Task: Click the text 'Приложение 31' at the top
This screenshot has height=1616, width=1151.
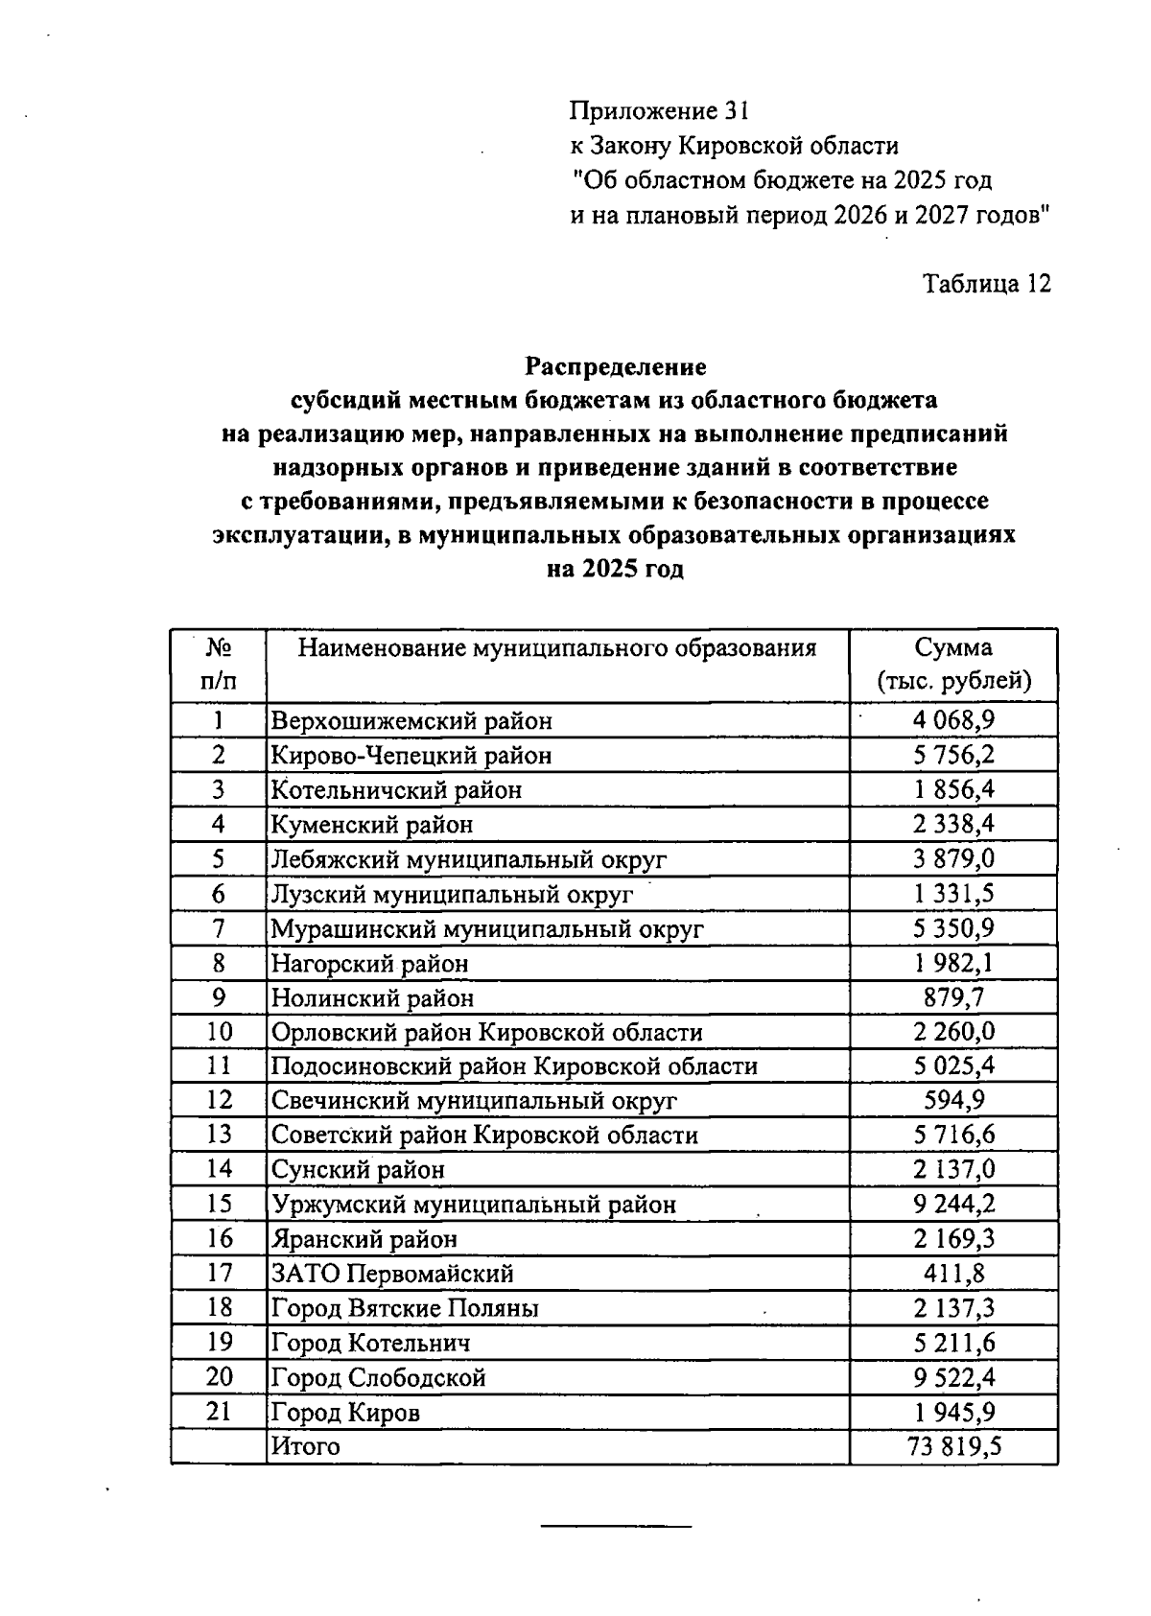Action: pyautogui.click(x=658, y=111)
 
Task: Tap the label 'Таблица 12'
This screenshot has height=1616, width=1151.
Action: pyautogui.click(x=986, y=284)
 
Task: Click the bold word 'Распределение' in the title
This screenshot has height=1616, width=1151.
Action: pyautogui.click(x=615, y=366)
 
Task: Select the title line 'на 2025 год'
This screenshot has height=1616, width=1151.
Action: pyautogui.click(x=615, y=570)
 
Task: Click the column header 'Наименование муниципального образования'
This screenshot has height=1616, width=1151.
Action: pyautogui.click(x=556, y=648)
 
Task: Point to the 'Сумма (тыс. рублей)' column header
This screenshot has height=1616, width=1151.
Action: pyautogui.click(x=953, y=665)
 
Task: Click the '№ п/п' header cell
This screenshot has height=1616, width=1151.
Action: pyautogui.click(x=219, y=665)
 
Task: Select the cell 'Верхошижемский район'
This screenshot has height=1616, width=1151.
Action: pyautogui.click(x=411, y=721)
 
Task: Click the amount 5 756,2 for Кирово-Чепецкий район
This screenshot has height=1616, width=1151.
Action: pyautogui.click(x=953, y=756)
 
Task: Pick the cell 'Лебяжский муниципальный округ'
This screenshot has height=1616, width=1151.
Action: pyautogui.click(x=468, y=859)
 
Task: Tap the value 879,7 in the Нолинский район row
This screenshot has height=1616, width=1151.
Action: pyautogui.click(x=953, y=997)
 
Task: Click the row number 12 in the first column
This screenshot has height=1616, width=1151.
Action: pyautogui.click(x=219, y=1100)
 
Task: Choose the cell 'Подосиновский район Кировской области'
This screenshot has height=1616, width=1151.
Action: pyautogui.click(x=514, y=1066)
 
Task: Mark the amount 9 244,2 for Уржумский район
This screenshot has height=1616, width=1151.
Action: pyautogui.click(x=953, y=1205)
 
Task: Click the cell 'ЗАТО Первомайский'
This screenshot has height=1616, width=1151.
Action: pyautogui.click(x=392, y=1274)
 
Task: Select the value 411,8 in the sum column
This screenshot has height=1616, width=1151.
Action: pyautogui.click(x=953, y=1274)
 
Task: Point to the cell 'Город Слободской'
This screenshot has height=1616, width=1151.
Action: pyautogui.click(x=379, y=1378)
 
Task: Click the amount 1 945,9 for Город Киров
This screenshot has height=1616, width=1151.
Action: pyautogui.click(x=953, y=1413)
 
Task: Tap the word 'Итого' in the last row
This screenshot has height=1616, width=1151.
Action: pyautogui.click(x=305, y=1446)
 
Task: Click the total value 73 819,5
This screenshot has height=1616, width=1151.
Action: pyautogui.click(x=953, y=1446)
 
